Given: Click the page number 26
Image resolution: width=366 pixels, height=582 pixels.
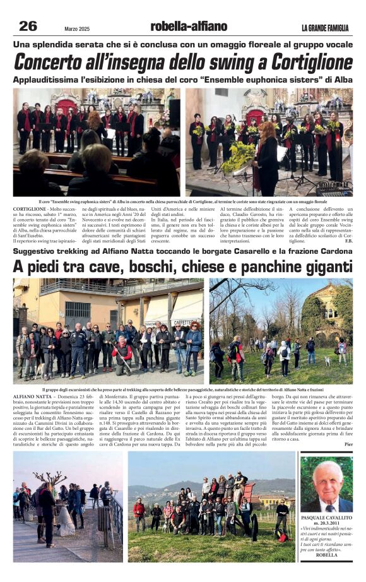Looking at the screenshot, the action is tap(28, 26).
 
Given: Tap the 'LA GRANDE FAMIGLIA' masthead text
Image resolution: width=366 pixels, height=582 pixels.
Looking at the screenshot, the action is tap(324, 28).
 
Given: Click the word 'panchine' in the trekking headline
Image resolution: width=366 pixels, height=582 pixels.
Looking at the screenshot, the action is tap(249, 266).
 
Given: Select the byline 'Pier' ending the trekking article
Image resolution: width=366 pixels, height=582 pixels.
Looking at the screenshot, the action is tap(348, 444).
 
